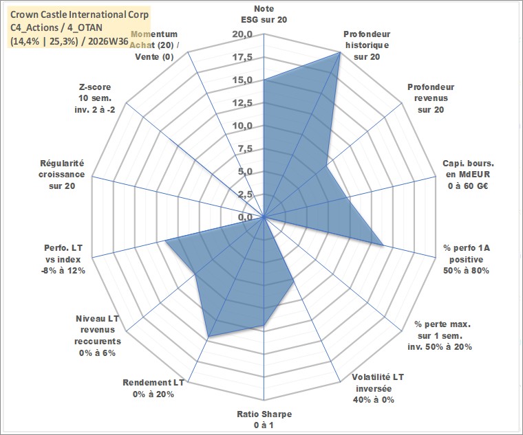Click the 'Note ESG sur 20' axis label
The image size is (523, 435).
tap(264, 14)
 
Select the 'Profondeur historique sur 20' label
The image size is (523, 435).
tap(367, 45)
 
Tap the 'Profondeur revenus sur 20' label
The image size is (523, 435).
tap(431, 98)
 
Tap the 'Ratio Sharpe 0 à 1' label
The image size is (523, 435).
tap(264, 419)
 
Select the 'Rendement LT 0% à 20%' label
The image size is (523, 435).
tap(153, 388)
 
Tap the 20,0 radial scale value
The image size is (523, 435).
tap(242, 34)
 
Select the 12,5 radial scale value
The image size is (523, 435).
tap(242, 103)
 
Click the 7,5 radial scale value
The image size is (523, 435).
tap(246, 149)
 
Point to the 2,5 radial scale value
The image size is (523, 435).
tap(246, 194)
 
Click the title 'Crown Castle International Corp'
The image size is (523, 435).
tap(79, 14)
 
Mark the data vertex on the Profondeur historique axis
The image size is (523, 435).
tap(340, 52)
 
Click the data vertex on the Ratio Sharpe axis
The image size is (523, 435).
tap(264, 324)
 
